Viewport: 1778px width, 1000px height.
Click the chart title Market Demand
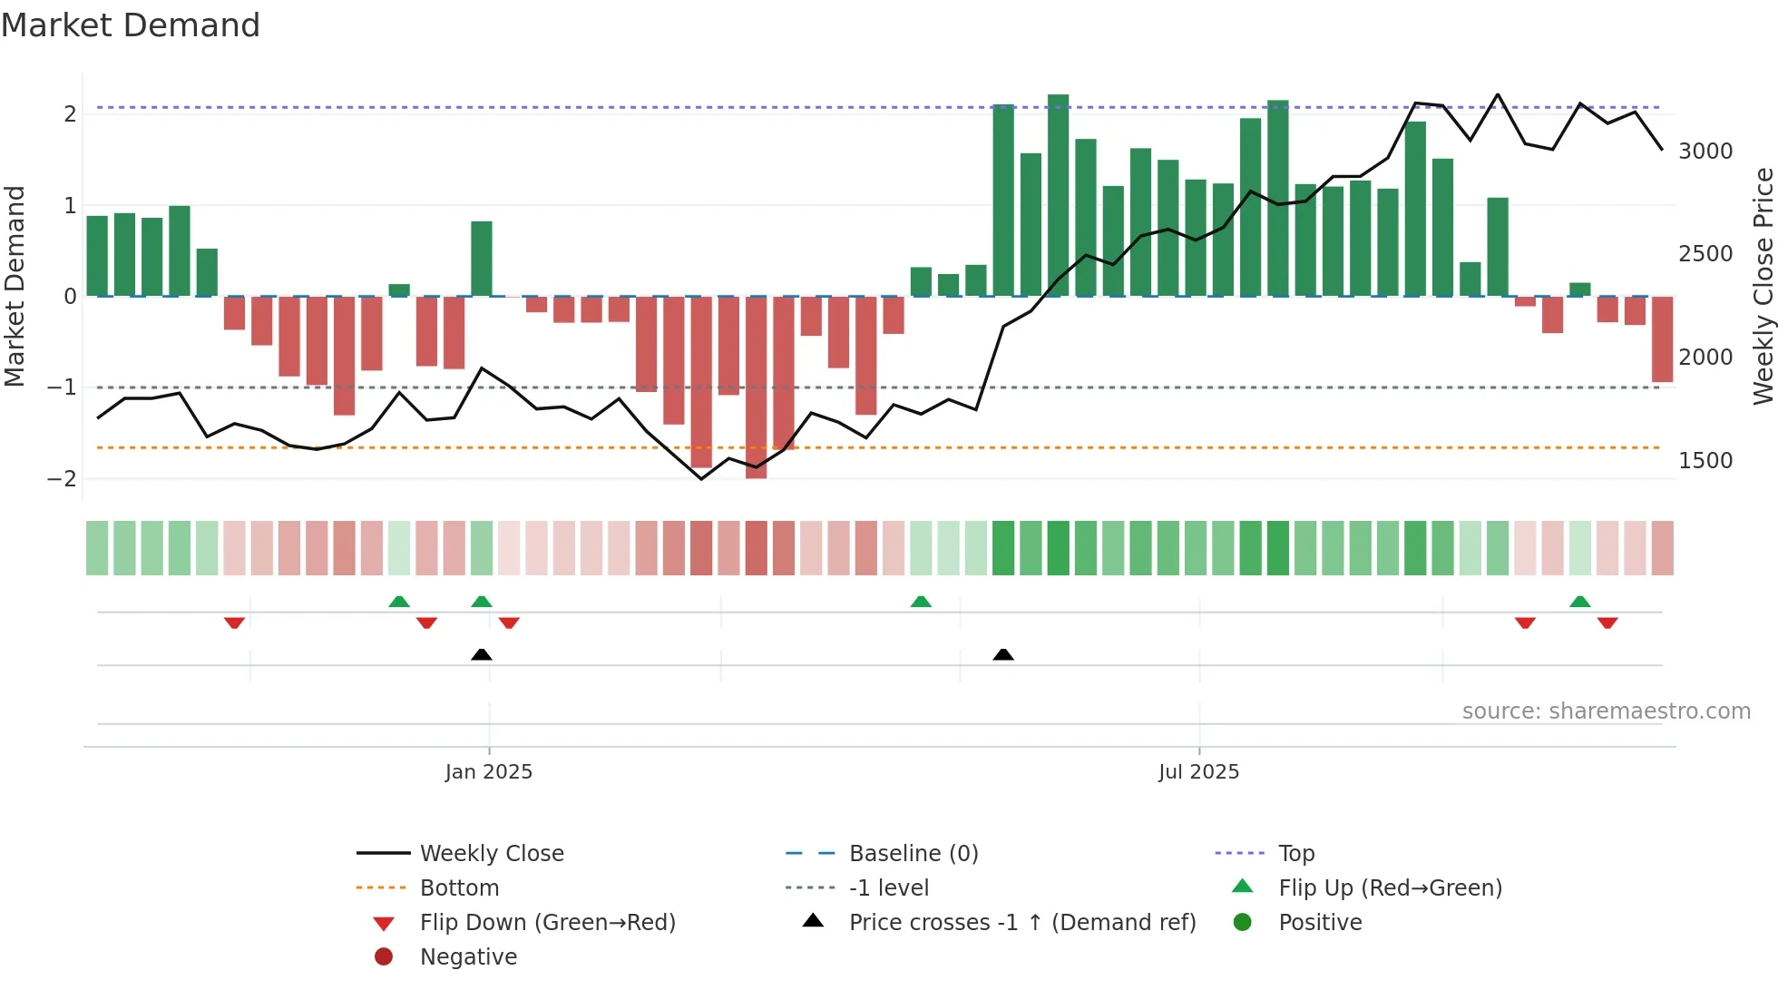coord(131,25)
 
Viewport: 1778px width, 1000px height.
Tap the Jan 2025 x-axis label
coord(488,772)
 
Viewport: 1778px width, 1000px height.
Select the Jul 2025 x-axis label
coord(1198,772)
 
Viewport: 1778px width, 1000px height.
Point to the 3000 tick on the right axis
coord(1705,152)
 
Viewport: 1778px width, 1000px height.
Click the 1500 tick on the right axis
coord(1705,461)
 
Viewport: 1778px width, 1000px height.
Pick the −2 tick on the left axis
coord(62,479)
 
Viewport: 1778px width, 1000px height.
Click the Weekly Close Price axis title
coord(1763,286)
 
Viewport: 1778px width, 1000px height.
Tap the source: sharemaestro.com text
coord(1606,711)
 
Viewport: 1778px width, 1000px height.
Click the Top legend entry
coord(1295,854)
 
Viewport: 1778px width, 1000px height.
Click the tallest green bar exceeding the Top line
coord(1058,195)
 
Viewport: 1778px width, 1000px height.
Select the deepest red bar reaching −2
coord(756,387)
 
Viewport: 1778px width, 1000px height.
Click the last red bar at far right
coord(1662,339)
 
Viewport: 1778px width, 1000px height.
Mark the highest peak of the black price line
coord(1497,95)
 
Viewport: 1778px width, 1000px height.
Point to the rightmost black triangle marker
coord(1003,654)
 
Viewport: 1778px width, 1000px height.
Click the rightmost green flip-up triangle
coord(1579,602)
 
